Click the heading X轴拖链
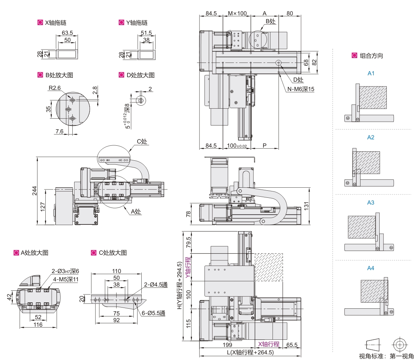(56, 22)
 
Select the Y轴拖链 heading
(137, 22)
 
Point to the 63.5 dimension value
(67, 33)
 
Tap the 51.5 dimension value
(147, 33)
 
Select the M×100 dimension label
(237, 13)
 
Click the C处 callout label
(142, 141)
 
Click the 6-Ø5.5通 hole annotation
(153, 314)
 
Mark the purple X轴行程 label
(268, 344)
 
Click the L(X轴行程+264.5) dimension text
(250, 353)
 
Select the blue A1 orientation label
(371, 73)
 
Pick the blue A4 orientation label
(371, 268)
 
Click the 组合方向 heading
(371, 56)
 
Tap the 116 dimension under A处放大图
(38, 325)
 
